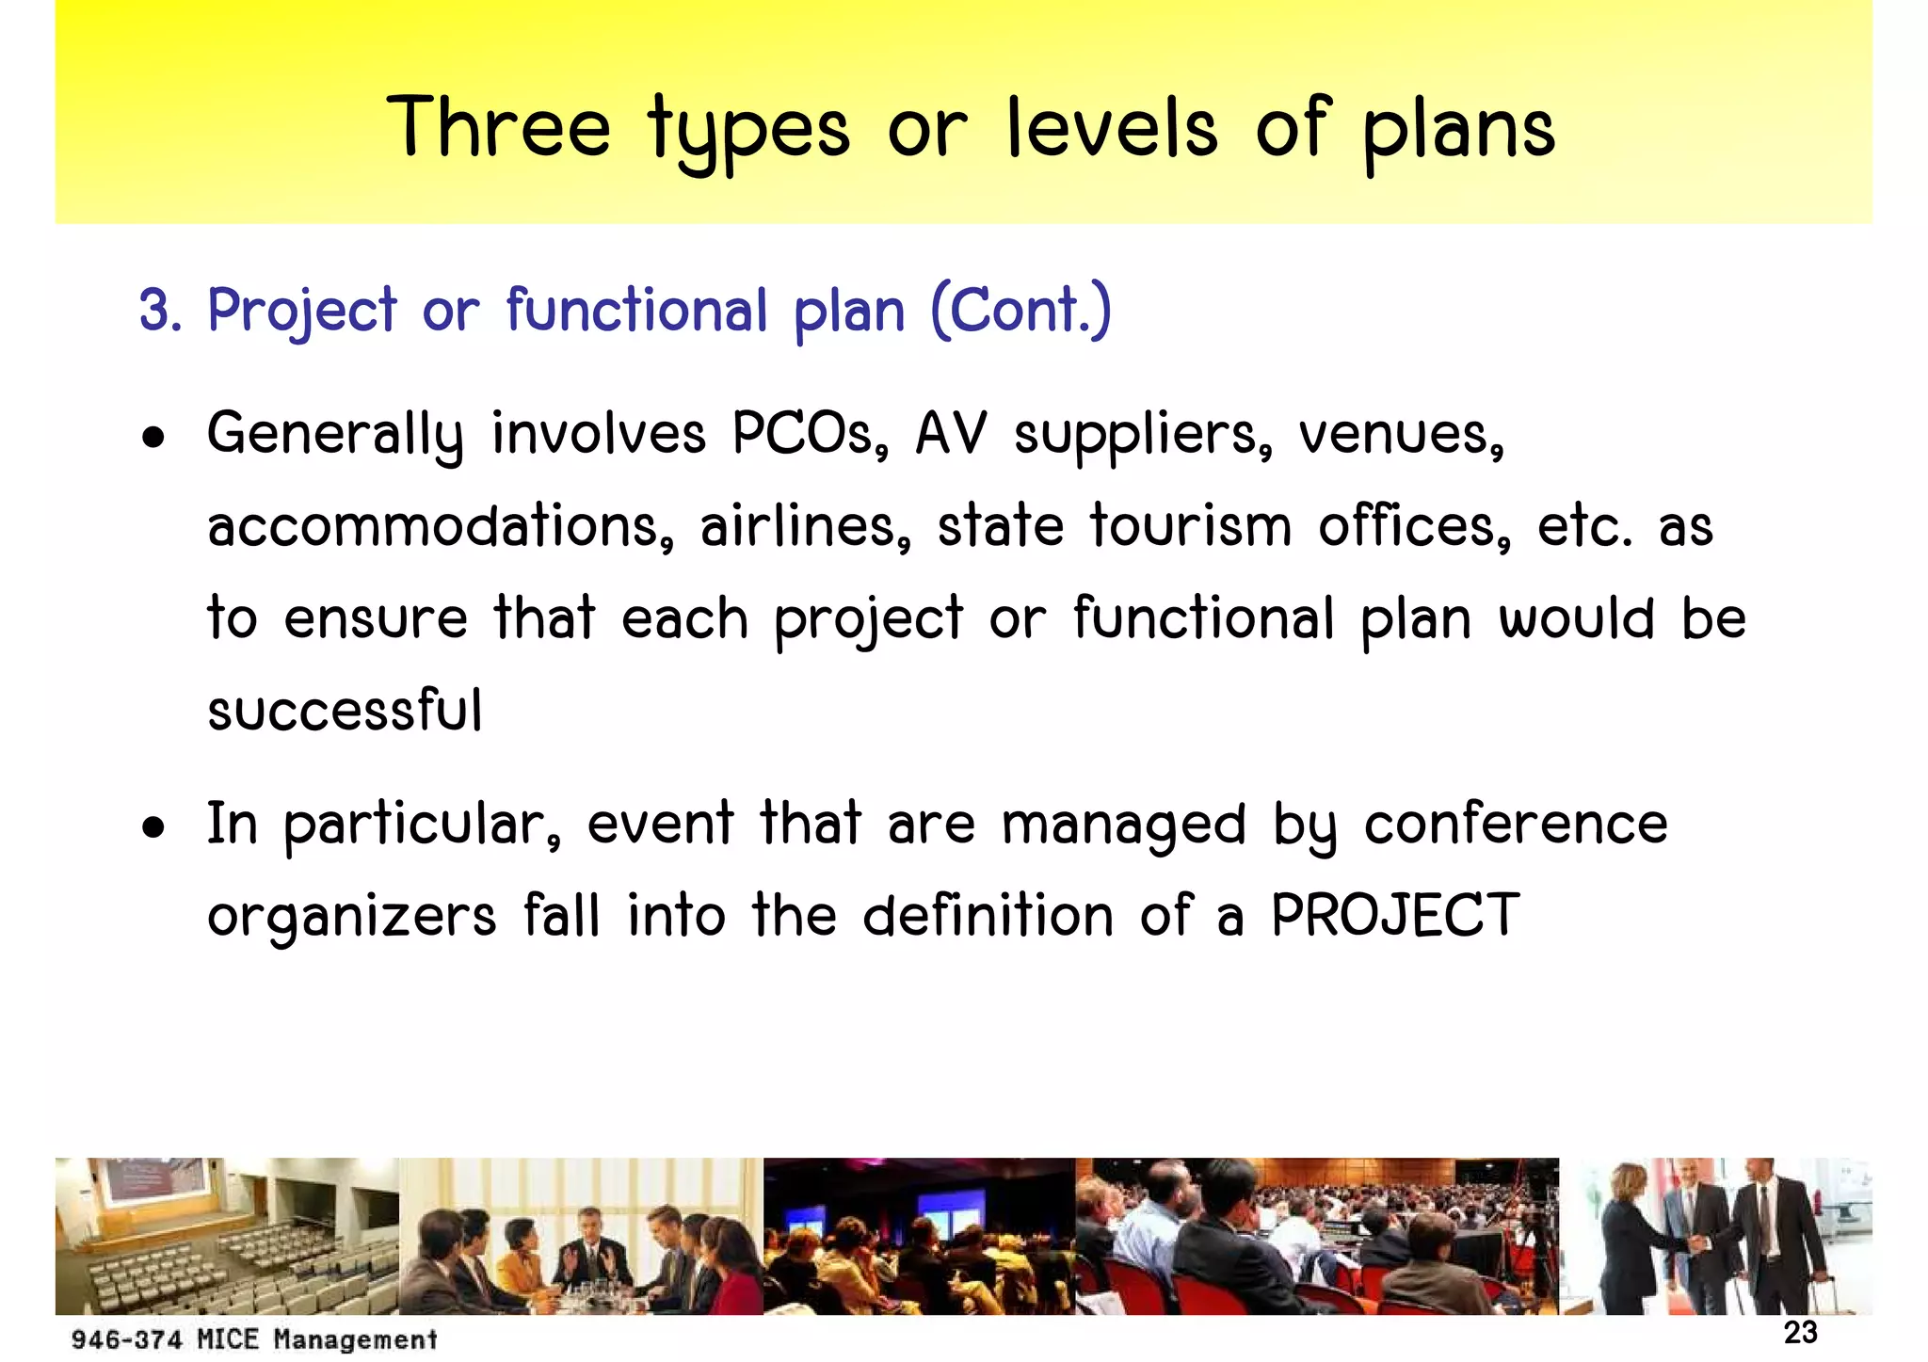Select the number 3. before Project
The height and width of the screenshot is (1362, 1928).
(x=160, y=311)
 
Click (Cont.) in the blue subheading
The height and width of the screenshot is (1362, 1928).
(x=1020, y=311)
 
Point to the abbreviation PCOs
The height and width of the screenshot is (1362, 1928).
(x=810, y=435)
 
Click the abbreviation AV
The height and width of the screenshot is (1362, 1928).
(x=951, y=435)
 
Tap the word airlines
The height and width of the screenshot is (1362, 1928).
(x=806, y=526)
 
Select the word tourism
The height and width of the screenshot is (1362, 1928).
(x=1191, y=526)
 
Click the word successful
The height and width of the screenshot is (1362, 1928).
(x=345, y=711)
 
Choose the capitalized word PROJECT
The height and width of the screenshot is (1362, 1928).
(x=1395, y=915)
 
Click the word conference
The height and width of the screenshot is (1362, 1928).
(x=1516, y=825)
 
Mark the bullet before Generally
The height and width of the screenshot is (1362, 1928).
(x=153, y=438)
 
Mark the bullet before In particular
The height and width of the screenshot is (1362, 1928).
(x=153, y=828)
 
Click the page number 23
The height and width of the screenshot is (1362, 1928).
(x=1800, y=1333)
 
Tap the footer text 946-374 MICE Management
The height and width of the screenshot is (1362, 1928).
(x=254, y=1339)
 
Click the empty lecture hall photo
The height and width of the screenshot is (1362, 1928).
(x=227, y=1236)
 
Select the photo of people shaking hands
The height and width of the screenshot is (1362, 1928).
(x=1715, y=1236)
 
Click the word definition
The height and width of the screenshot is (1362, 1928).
(x=988, y=915)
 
